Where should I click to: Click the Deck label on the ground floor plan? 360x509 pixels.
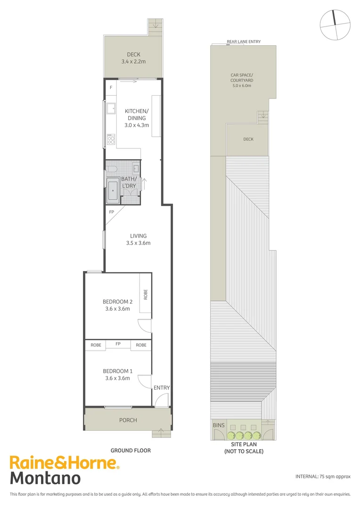tap(133, 55)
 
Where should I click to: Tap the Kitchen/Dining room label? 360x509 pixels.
tap(136, 115)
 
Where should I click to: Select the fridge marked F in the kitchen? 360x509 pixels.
tap(111, 88)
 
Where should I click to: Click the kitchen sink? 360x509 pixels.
tap(112, 109)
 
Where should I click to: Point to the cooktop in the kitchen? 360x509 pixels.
tap(111, 140)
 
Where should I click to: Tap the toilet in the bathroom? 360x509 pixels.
tap(112, 168)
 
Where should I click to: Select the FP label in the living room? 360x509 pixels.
tap(111, 212)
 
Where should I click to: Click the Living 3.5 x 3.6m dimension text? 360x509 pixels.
tap(138, 243)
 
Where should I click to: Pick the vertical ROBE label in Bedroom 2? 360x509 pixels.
tap(146, 295)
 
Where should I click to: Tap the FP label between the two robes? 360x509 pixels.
tap(118, 345)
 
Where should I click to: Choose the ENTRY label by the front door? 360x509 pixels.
tap(162, 388)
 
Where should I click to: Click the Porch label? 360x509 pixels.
tap(128, 420)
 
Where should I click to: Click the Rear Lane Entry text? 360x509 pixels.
tap(244, 42)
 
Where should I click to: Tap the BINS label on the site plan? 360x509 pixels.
tap(219, 426)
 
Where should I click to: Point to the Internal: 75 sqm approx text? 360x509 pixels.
tap(323, 476)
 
